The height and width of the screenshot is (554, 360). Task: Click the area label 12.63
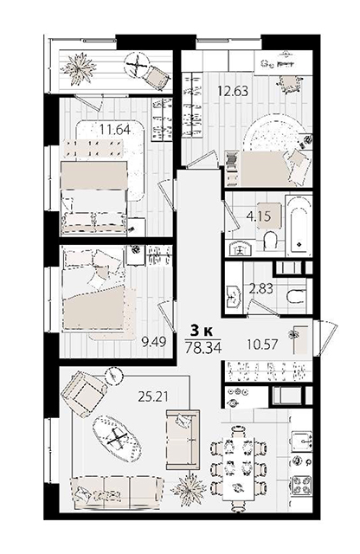click(x=233, y=91)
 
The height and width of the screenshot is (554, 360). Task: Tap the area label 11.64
click(x=115, y=130)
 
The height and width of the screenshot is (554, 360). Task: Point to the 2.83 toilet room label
click(x=261, y=288)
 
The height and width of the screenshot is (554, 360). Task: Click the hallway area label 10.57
click(x=262, y=344)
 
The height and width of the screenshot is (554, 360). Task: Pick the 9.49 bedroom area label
click(x=154, y=341)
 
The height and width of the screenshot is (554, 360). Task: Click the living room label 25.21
click(x=153, y=396)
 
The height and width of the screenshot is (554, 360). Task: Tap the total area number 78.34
click(x=203, y=347)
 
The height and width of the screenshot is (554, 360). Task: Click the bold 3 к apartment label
click(x=202, y=331)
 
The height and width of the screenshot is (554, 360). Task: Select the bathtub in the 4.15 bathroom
click(x=299, y=227)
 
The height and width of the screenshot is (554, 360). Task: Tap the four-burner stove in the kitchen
click(x=301, y=485)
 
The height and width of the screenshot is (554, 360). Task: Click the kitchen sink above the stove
click(x=301, y=440)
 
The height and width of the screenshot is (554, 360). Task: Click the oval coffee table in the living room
click(x=117, y=440)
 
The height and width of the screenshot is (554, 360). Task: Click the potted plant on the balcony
click(x=79, y=68)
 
